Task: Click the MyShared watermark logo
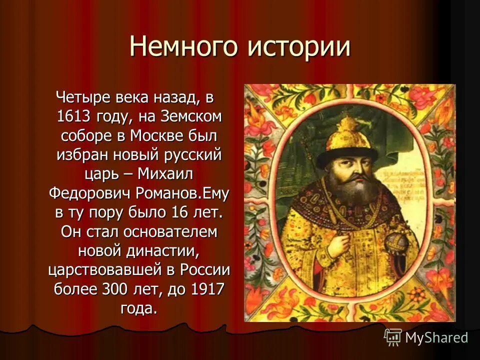pos(426,337)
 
